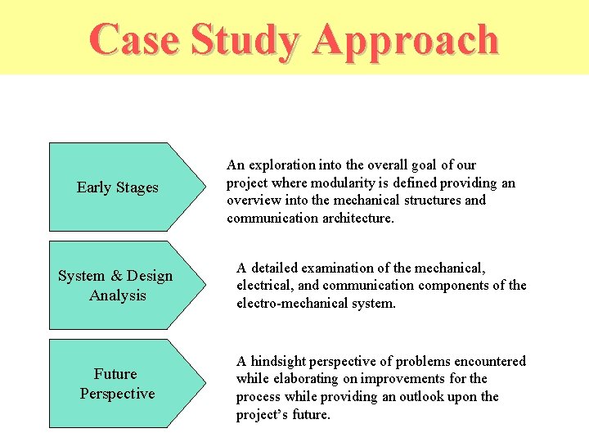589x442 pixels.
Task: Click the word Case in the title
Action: pyautogui.click(x=134, y=39)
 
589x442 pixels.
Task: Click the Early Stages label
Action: pyautogui.click(x=117, y=187)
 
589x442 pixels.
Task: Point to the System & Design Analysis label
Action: pyautogui.click(x=115, y=286)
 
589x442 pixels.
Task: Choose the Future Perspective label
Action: pyautogui.click(x=117, y=384)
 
